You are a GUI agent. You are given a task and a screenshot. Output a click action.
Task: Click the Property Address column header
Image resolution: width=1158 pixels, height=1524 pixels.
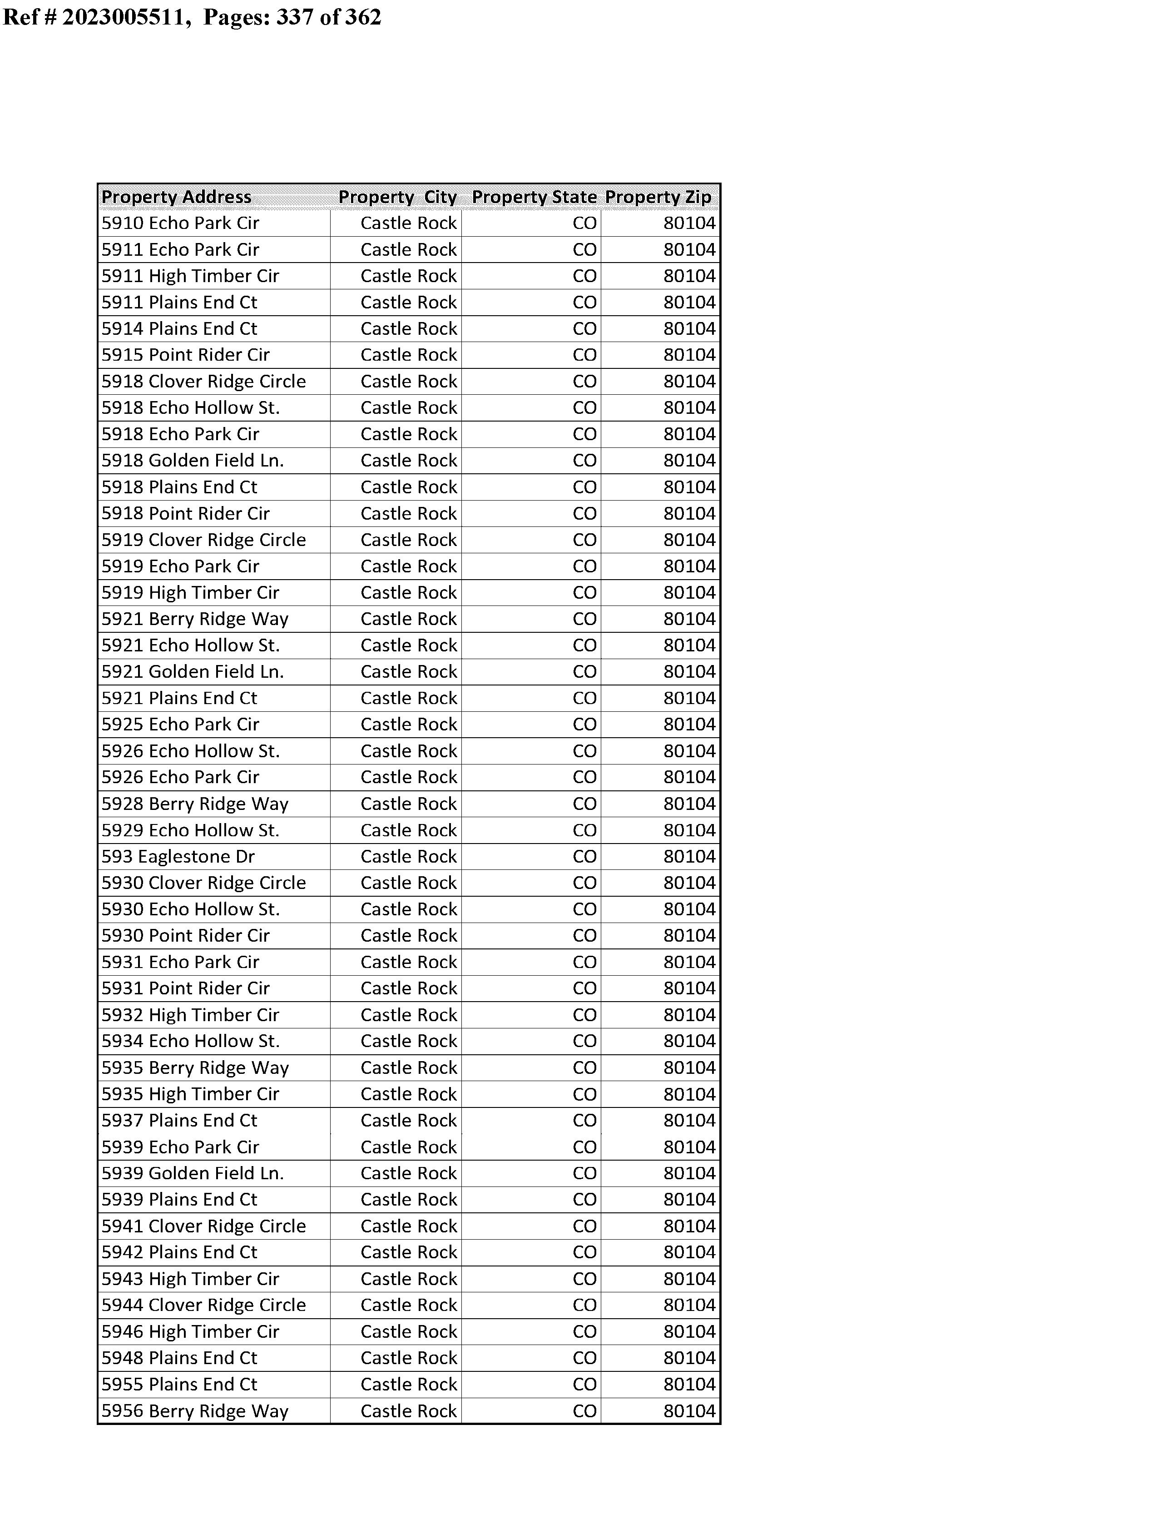177,197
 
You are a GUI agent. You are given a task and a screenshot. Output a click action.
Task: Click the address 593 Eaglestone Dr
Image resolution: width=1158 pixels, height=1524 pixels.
178,857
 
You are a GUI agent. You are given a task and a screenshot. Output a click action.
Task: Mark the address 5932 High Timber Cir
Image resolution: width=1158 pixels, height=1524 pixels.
190,1015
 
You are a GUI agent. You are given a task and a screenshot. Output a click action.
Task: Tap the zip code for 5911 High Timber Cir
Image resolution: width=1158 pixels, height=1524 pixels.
689,276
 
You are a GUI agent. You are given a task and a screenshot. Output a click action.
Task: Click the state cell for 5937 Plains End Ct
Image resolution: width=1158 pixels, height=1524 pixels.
584,1120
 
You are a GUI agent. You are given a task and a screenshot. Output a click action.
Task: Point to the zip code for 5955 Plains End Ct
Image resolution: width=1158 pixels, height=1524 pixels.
689,1384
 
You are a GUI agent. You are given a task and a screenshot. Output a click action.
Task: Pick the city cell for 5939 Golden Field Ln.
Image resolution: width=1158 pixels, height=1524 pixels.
408,1173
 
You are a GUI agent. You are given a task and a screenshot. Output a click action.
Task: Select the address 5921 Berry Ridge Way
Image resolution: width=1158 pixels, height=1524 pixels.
195,619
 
